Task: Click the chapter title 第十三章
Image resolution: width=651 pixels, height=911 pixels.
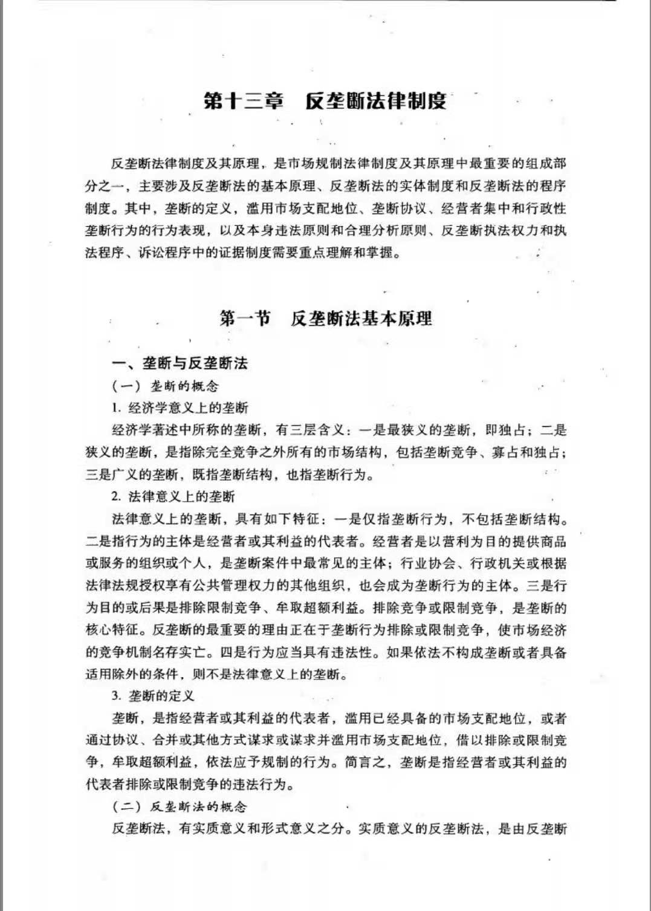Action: (244, 100)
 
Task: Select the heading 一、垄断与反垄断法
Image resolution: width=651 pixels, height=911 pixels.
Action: (180, 363)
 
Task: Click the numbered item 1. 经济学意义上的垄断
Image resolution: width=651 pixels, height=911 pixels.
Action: (180, 408)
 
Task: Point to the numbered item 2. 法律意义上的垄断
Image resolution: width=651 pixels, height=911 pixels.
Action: (173, 497)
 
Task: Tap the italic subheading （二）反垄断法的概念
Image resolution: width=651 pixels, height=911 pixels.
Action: (180, 806)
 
